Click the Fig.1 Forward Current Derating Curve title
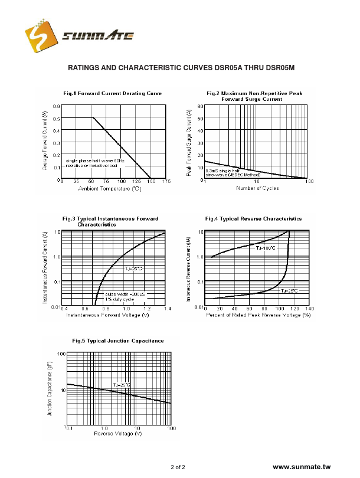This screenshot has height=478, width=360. coord(112,94)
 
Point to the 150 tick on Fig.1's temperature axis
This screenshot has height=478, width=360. coord(150,181)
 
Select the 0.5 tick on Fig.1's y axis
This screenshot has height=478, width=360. coord(56,118)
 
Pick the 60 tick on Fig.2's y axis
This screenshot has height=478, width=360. coord(201,106)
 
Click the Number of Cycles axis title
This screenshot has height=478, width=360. coord(257,188)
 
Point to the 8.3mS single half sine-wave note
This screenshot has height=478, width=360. coord(233,172)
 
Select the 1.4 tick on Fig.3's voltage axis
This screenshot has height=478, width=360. coord(167,309)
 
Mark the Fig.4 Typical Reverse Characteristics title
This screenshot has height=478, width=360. coord(253,219)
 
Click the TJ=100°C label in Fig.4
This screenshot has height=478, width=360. coord(266,248)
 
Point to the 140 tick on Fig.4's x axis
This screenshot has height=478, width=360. coord(309,309)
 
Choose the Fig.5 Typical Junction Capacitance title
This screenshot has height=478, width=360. coord(118,341)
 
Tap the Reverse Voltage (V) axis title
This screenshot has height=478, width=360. coord(118,434)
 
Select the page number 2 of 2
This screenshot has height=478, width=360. coord(178,467)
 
